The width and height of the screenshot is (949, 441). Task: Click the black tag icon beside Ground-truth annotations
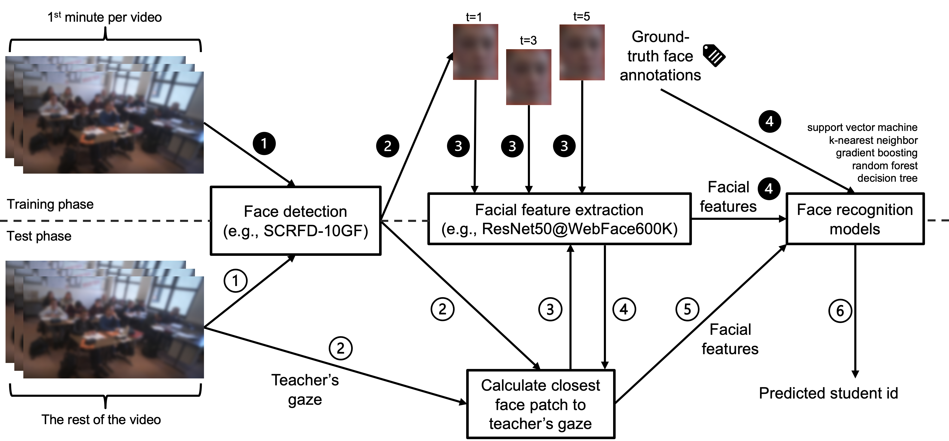click(x=714, y=55)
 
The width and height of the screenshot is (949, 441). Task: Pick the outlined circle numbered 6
click(x=840, y=311)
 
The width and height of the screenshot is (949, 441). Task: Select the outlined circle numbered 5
click(x=687, y=309)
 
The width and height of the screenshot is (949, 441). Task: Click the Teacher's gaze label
click(x=305, y=390)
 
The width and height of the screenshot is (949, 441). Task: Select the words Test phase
click(x=39, y=236)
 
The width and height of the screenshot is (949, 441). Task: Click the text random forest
click(x=885, y=166)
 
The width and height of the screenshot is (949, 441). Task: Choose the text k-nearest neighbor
click(x=873, y=140)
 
